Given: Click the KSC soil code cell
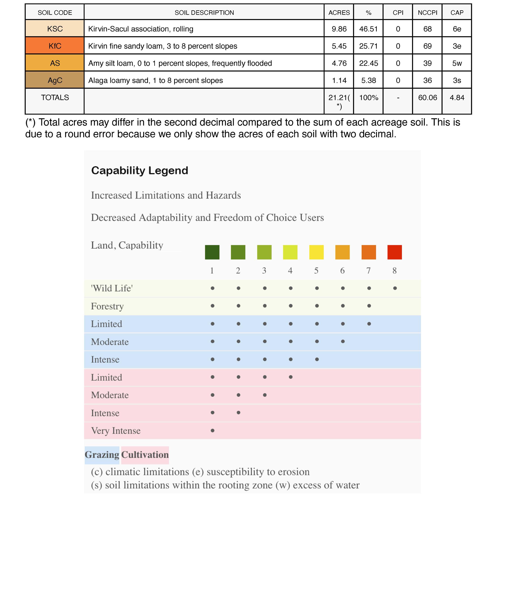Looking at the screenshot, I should click(x=55, y=29).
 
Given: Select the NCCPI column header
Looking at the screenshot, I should click(x=427, y=13).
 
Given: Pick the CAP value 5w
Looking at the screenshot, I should click(x=457, y=63).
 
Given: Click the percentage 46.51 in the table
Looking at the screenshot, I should click(x=368, y=29).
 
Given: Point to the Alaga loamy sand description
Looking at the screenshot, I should click(x=155, y=80).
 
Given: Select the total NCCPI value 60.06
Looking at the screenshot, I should click(x=427, y=98).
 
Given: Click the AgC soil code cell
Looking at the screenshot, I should click(x=55, y=80).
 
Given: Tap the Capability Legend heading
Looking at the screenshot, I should click(x=139, y=171).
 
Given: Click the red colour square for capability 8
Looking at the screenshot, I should click(x=395, y=252).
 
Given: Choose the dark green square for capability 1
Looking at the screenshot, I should click(x=212, y=252).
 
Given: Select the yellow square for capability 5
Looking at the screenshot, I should click(x=316, y=252).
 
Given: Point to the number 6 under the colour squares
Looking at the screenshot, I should click(x=342, y=271).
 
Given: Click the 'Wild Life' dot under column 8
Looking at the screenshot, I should click(x=395, y=288).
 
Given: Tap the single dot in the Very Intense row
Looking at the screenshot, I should click(x=213, y=431).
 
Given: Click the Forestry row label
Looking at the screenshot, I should click(x=107, y=306).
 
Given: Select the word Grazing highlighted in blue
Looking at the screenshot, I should click(x=102, y=455).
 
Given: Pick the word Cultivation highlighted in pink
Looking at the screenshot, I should click(x=145, y=455).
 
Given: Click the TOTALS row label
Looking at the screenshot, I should click(x=55, y=98).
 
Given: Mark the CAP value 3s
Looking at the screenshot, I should click(x=457, y=80).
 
